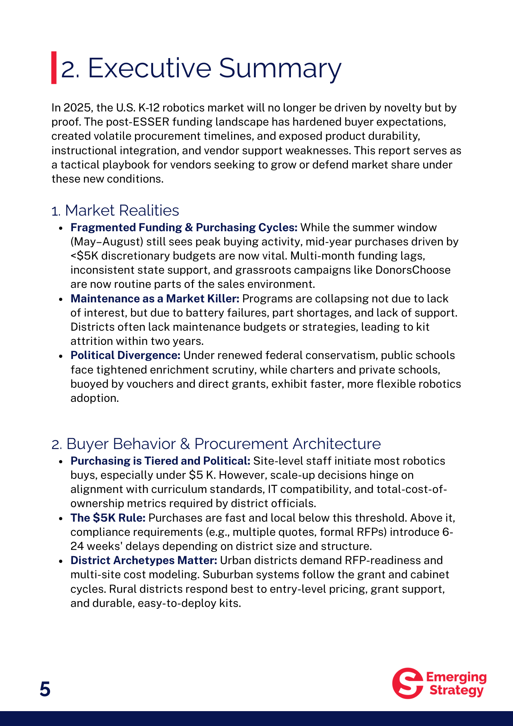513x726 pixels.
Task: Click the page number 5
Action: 45,689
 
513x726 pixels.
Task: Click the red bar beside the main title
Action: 54,68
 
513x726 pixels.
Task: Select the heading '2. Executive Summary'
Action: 201,68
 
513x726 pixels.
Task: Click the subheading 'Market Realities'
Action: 122,211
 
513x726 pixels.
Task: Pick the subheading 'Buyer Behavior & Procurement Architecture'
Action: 223,444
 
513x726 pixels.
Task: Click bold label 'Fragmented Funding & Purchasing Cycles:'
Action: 184,228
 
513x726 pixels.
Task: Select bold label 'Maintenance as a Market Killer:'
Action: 155,299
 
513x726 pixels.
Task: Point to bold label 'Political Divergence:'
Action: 126,355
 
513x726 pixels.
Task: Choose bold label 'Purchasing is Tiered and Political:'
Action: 160,461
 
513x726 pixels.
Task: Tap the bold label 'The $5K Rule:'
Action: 108,518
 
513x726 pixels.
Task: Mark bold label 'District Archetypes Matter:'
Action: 144,560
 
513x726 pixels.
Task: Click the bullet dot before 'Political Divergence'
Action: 61,356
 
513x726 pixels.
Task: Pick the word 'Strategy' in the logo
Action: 456,690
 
